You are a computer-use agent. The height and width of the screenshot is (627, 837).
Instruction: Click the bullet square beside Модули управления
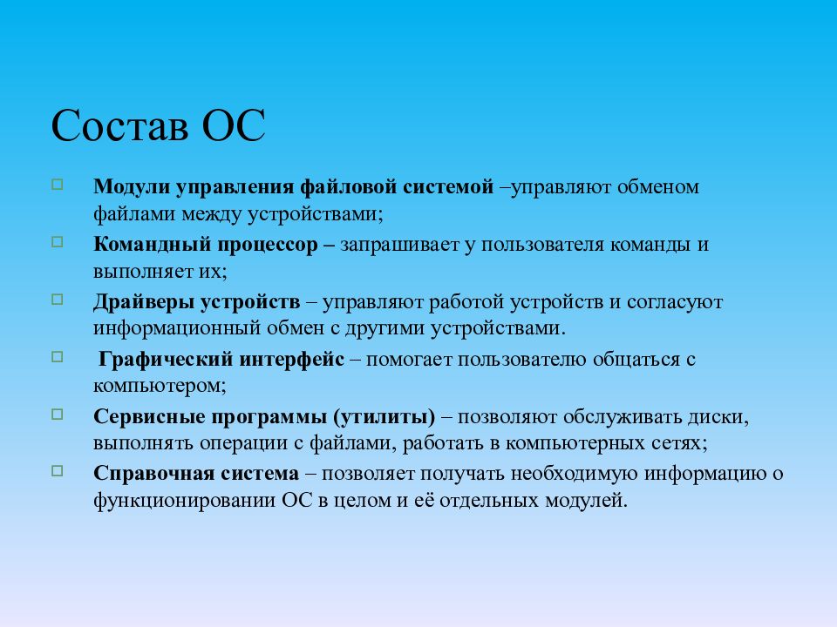pyautogui.click(x=81, y=185)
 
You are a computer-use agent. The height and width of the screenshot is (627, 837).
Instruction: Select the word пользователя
pyautogui.click(x=541, y=245)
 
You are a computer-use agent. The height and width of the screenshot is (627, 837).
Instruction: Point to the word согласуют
pyautogui.click(x=677, y=302)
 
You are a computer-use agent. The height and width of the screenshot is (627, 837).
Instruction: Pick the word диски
pyautogui.click(x=719, y=417)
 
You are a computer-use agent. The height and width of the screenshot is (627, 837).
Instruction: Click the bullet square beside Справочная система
pyautogui.click(x=81, y=471)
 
